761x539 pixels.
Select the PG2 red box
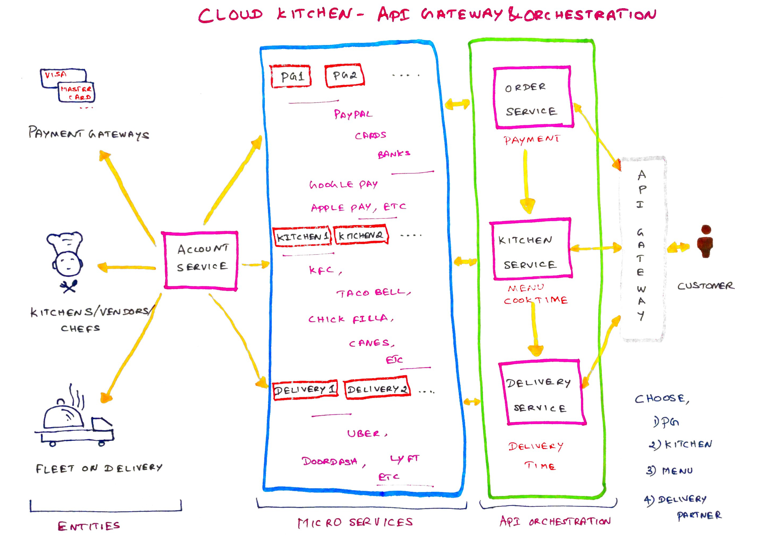[345, 76]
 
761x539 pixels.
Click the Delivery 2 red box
[377, 389]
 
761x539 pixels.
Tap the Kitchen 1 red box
[302, 237]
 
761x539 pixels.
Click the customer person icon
[706, 241]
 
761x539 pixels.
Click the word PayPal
[353, 115]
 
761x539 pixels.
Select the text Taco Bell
[373, 293]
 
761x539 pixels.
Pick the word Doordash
[330, 461]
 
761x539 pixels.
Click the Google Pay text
[343, 184]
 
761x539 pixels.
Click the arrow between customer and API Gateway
[678, 247]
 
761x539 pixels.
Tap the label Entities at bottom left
[88, 526]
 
